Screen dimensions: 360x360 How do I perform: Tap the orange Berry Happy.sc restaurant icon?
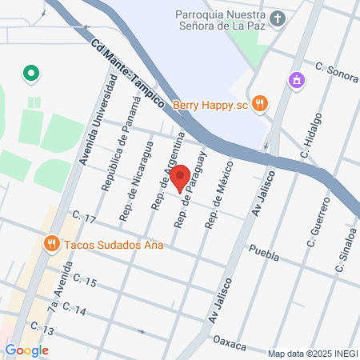point(258,103)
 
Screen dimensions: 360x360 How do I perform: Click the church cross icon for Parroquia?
point(278,18)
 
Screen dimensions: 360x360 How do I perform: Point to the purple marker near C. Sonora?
point(297,80)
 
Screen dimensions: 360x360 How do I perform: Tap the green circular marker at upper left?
point(31,74)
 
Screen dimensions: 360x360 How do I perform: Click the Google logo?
point(26,350)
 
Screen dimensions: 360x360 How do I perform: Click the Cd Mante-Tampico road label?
point(128,76)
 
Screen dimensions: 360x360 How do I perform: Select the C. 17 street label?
point(83,218)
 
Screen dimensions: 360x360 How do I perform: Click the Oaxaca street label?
point(229,342)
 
